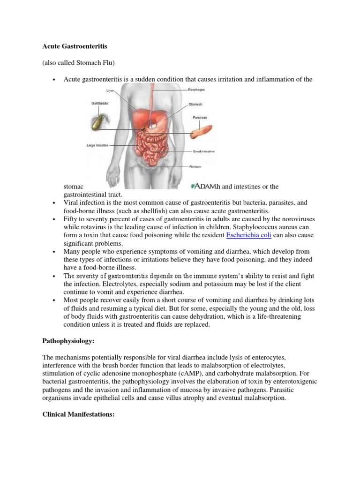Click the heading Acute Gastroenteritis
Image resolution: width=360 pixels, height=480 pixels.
click(x=69, y=47)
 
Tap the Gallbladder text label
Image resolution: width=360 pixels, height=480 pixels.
click(x=100, y=103)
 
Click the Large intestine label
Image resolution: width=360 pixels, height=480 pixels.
click(x=98, y=146)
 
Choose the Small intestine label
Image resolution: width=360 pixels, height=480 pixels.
click(x=204, y=152)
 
